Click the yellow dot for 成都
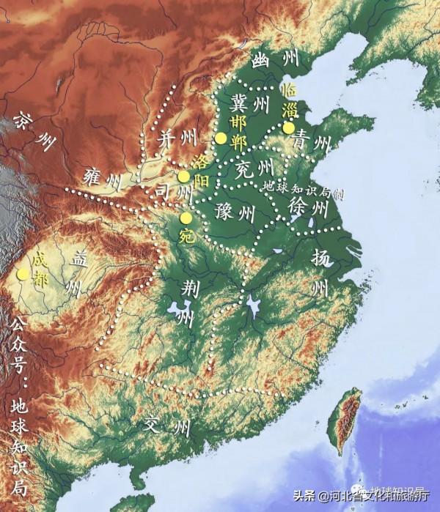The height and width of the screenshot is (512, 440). [x=23, y=274]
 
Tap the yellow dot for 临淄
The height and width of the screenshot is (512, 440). [x=279, y=127]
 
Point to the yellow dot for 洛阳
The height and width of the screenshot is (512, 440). [x=184, y=177]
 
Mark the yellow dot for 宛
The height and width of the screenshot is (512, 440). [x=186, y=218]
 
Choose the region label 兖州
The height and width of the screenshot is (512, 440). [x=254, y=169]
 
